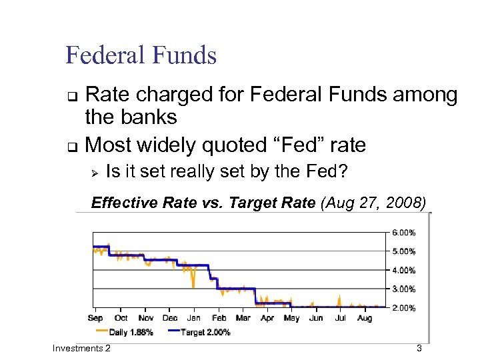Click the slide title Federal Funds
[141, 55]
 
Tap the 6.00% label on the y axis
[403, 233]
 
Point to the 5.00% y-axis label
[403, 251]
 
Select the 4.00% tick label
[403, 271]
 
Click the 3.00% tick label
[403, 289]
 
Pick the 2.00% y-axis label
[403, 308]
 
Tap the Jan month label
[194, 318]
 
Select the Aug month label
[364, 318]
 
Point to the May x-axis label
[291, 318]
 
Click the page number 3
[419, 349]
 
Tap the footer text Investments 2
[81, 349]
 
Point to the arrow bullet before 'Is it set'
[95, 172]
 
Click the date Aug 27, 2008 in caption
[373, 203]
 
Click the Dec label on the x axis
[169, 318]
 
